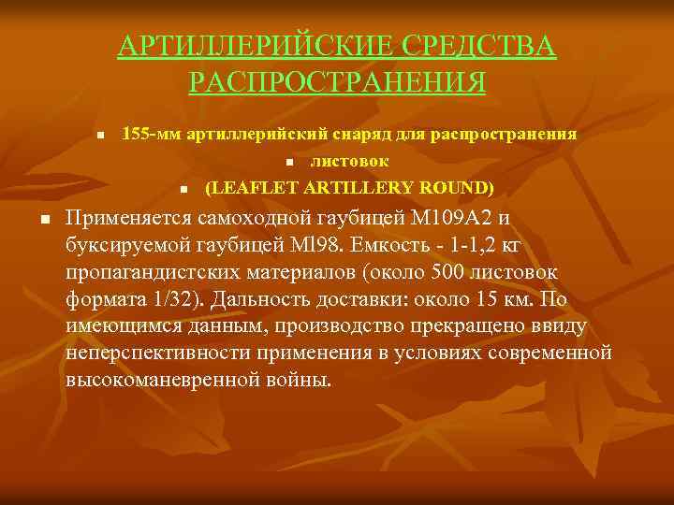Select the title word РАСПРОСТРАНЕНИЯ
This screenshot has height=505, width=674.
(x=337, y=81)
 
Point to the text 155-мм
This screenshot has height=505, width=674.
(x=152, y=135)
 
